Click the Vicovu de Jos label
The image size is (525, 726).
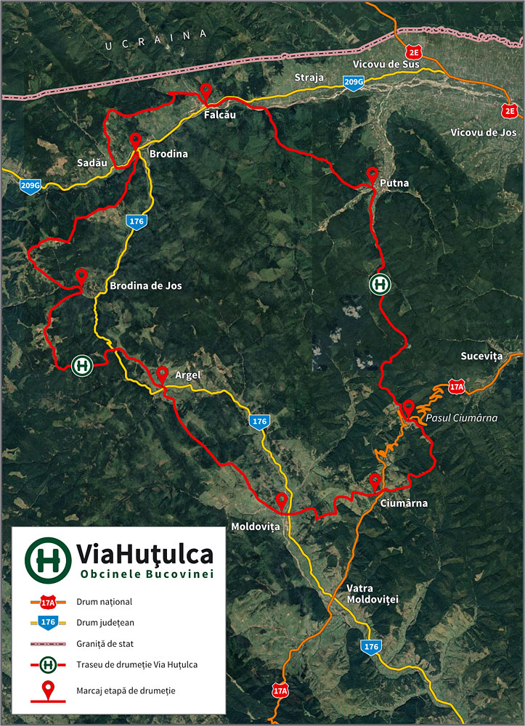coord(483,133)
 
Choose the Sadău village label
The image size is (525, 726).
coord(92,163)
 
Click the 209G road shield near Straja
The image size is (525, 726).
coord(353,83)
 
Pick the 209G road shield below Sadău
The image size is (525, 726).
coord(30,187)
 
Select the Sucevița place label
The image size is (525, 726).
coord(481,356)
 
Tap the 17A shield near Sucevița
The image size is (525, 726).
coord(456,386)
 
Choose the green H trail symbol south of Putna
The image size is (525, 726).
coord(379,285)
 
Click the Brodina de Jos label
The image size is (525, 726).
coord(146,286)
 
